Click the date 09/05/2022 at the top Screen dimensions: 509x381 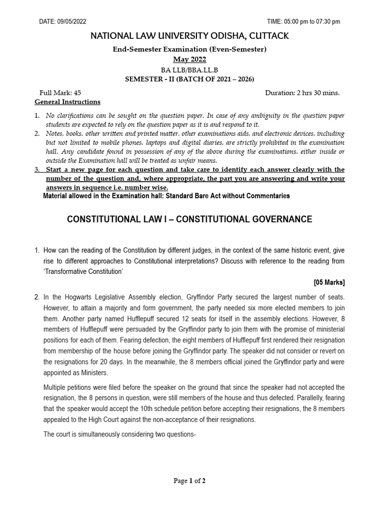71,21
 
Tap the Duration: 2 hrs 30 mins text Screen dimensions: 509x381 303,93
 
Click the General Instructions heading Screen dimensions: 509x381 67,102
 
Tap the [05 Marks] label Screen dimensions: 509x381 329,282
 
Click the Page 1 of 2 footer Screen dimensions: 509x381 189,481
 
